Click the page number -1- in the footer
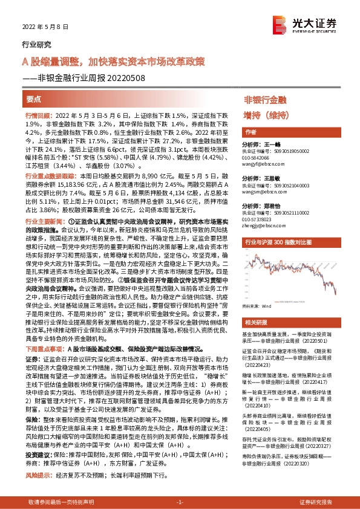pos(179,502)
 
